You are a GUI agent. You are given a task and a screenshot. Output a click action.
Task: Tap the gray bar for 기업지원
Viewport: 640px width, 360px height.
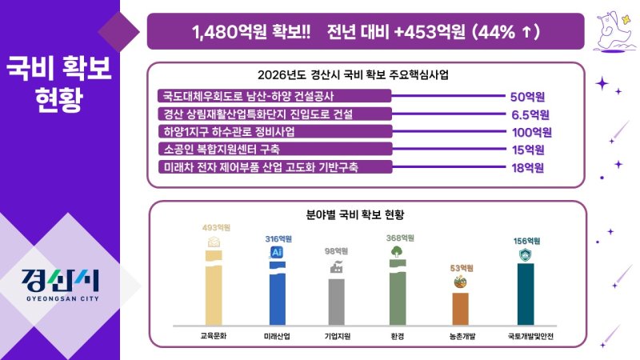(337, 301)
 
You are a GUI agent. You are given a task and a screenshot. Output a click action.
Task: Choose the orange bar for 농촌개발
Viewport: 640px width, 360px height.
(460, 308)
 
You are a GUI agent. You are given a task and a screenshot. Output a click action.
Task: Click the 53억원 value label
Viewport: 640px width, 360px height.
(460, 267)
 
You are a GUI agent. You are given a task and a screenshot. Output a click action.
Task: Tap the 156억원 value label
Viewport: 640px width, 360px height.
(526, 241)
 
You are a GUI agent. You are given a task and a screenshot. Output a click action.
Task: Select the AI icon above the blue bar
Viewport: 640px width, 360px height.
(277, 252)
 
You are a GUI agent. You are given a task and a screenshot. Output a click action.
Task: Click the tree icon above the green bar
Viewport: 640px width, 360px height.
(398, 251)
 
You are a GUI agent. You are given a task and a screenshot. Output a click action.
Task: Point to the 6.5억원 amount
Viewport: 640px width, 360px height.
(530, 114)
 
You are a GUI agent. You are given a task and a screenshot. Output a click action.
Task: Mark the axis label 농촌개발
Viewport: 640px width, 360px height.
(460, 336)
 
